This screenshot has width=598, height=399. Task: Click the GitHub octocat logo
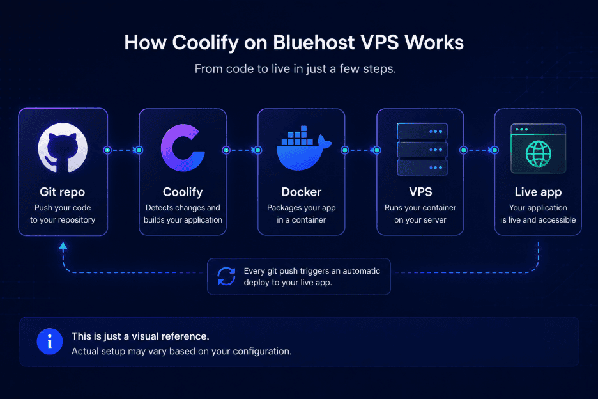[x=63, y=148]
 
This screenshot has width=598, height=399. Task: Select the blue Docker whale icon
[x=303, y=148]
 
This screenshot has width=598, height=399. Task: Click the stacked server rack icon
[x=422, y=149]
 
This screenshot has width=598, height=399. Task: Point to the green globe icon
[x=538, y=154]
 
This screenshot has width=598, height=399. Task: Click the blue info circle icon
[x=50, y=341]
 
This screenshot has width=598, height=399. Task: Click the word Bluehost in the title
[x=314, y=42]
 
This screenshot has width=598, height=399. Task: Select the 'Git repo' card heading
[x=62, y=192]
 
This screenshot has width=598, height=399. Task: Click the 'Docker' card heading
[x=302, y=192]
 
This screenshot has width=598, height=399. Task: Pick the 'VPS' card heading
[x=420, y=192]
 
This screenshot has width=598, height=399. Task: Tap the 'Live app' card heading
[x=538, y=192]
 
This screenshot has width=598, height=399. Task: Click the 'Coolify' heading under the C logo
[x=183, y=192]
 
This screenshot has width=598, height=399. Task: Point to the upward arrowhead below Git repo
[x=63, y=246]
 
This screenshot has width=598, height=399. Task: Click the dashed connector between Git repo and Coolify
[x=123, y=150]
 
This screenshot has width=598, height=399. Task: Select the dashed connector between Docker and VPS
[x=361, y=150]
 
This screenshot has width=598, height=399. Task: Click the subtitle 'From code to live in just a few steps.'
[x=295, y=68]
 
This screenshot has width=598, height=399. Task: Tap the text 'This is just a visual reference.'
[x=141, y=336]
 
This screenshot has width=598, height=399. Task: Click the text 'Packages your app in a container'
[x=302, y=214]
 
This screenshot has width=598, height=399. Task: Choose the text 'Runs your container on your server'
[x=420, y=214]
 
